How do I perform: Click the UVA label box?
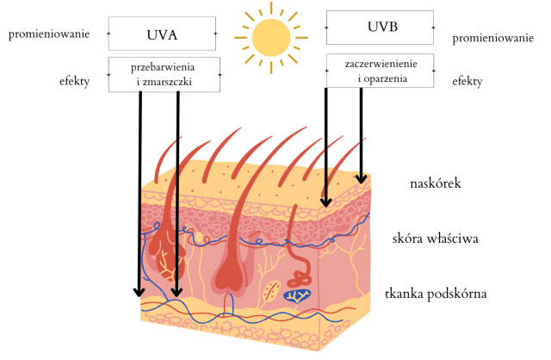point(162,34)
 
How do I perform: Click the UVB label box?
point(379,27)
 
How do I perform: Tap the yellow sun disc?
point(271,36)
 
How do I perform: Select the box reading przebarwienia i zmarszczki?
point(164,75)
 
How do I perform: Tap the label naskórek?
point(437,183)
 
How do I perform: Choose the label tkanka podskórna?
point(436,294)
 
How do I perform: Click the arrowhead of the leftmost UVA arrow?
point(139,290)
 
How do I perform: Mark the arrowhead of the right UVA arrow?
point(176,290)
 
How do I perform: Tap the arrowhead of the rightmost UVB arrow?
point(362,179)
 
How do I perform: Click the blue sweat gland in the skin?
point(298,295)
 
